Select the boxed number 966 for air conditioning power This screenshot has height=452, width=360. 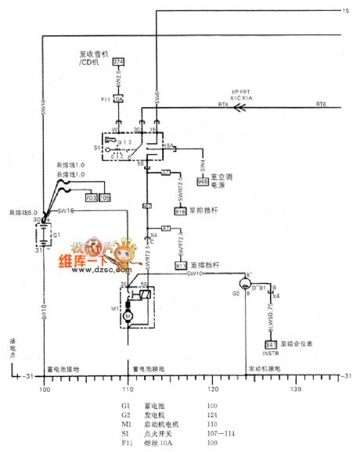click(x=203, y=181)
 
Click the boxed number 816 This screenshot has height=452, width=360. click(x=180, y=211)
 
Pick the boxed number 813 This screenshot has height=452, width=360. click(x=180, y=266)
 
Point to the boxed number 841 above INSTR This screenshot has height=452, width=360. click(x=270, y=344)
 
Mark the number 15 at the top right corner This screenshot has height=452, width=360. click(x=345, y=10)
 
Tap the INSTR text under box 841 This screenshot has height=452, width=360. click(x=270, y=353)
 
